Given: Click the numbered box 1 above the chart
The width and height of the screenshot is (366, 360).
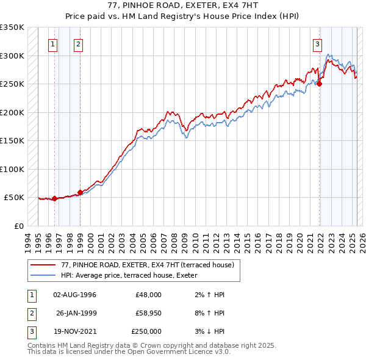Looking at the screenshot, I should click(54, 43).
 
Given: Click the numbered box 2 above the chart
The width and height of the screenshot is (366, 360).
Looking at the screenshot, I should click(79, 43).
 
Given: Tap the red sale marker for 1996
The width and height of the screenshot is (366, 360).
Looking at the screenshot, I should click(54, 198).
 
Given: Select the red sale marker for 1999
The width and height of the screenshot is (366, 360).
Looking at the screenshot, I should click(80, 192).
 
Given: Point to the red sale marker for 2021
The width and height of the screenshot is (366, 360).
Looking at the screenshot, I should click(319, 84).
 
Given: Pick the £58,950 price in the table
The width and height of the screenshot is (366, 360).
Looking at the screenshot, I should click(146, 313).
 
